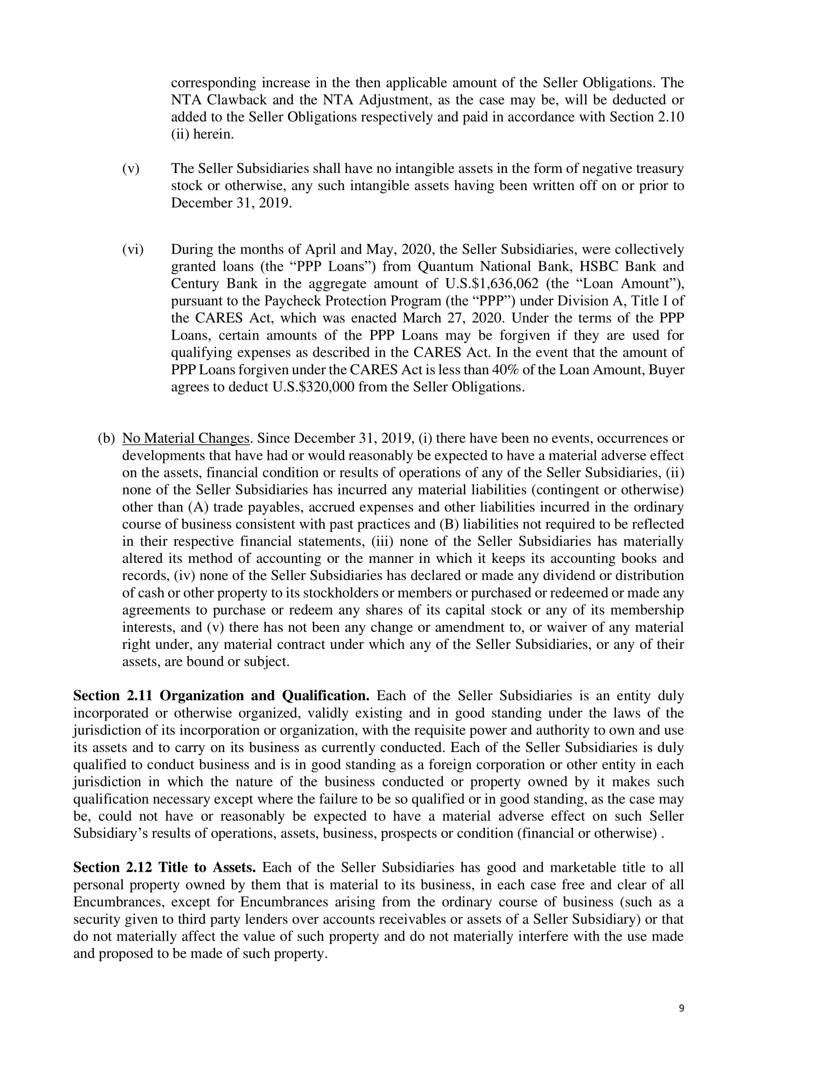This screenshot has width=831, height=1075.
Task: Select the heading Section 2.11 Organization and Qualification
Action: tap(221, 696)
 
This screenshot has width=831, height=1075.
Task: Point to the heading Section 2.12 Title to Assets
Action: tap(164, 867)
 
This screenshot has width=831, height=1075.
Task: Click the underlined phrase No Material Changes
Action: tap(186, 438)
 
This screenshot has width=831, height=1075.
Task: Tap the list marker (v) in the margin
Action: tap(131, 169)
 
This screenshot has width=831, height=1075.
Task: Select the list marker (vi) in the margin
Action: tap(132, 250)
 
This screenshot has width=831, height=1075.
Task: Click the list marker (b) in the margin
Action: tap(106, 438)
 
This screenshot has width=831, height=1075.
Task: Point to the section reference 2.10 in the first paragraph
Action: tap(671, 117)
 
